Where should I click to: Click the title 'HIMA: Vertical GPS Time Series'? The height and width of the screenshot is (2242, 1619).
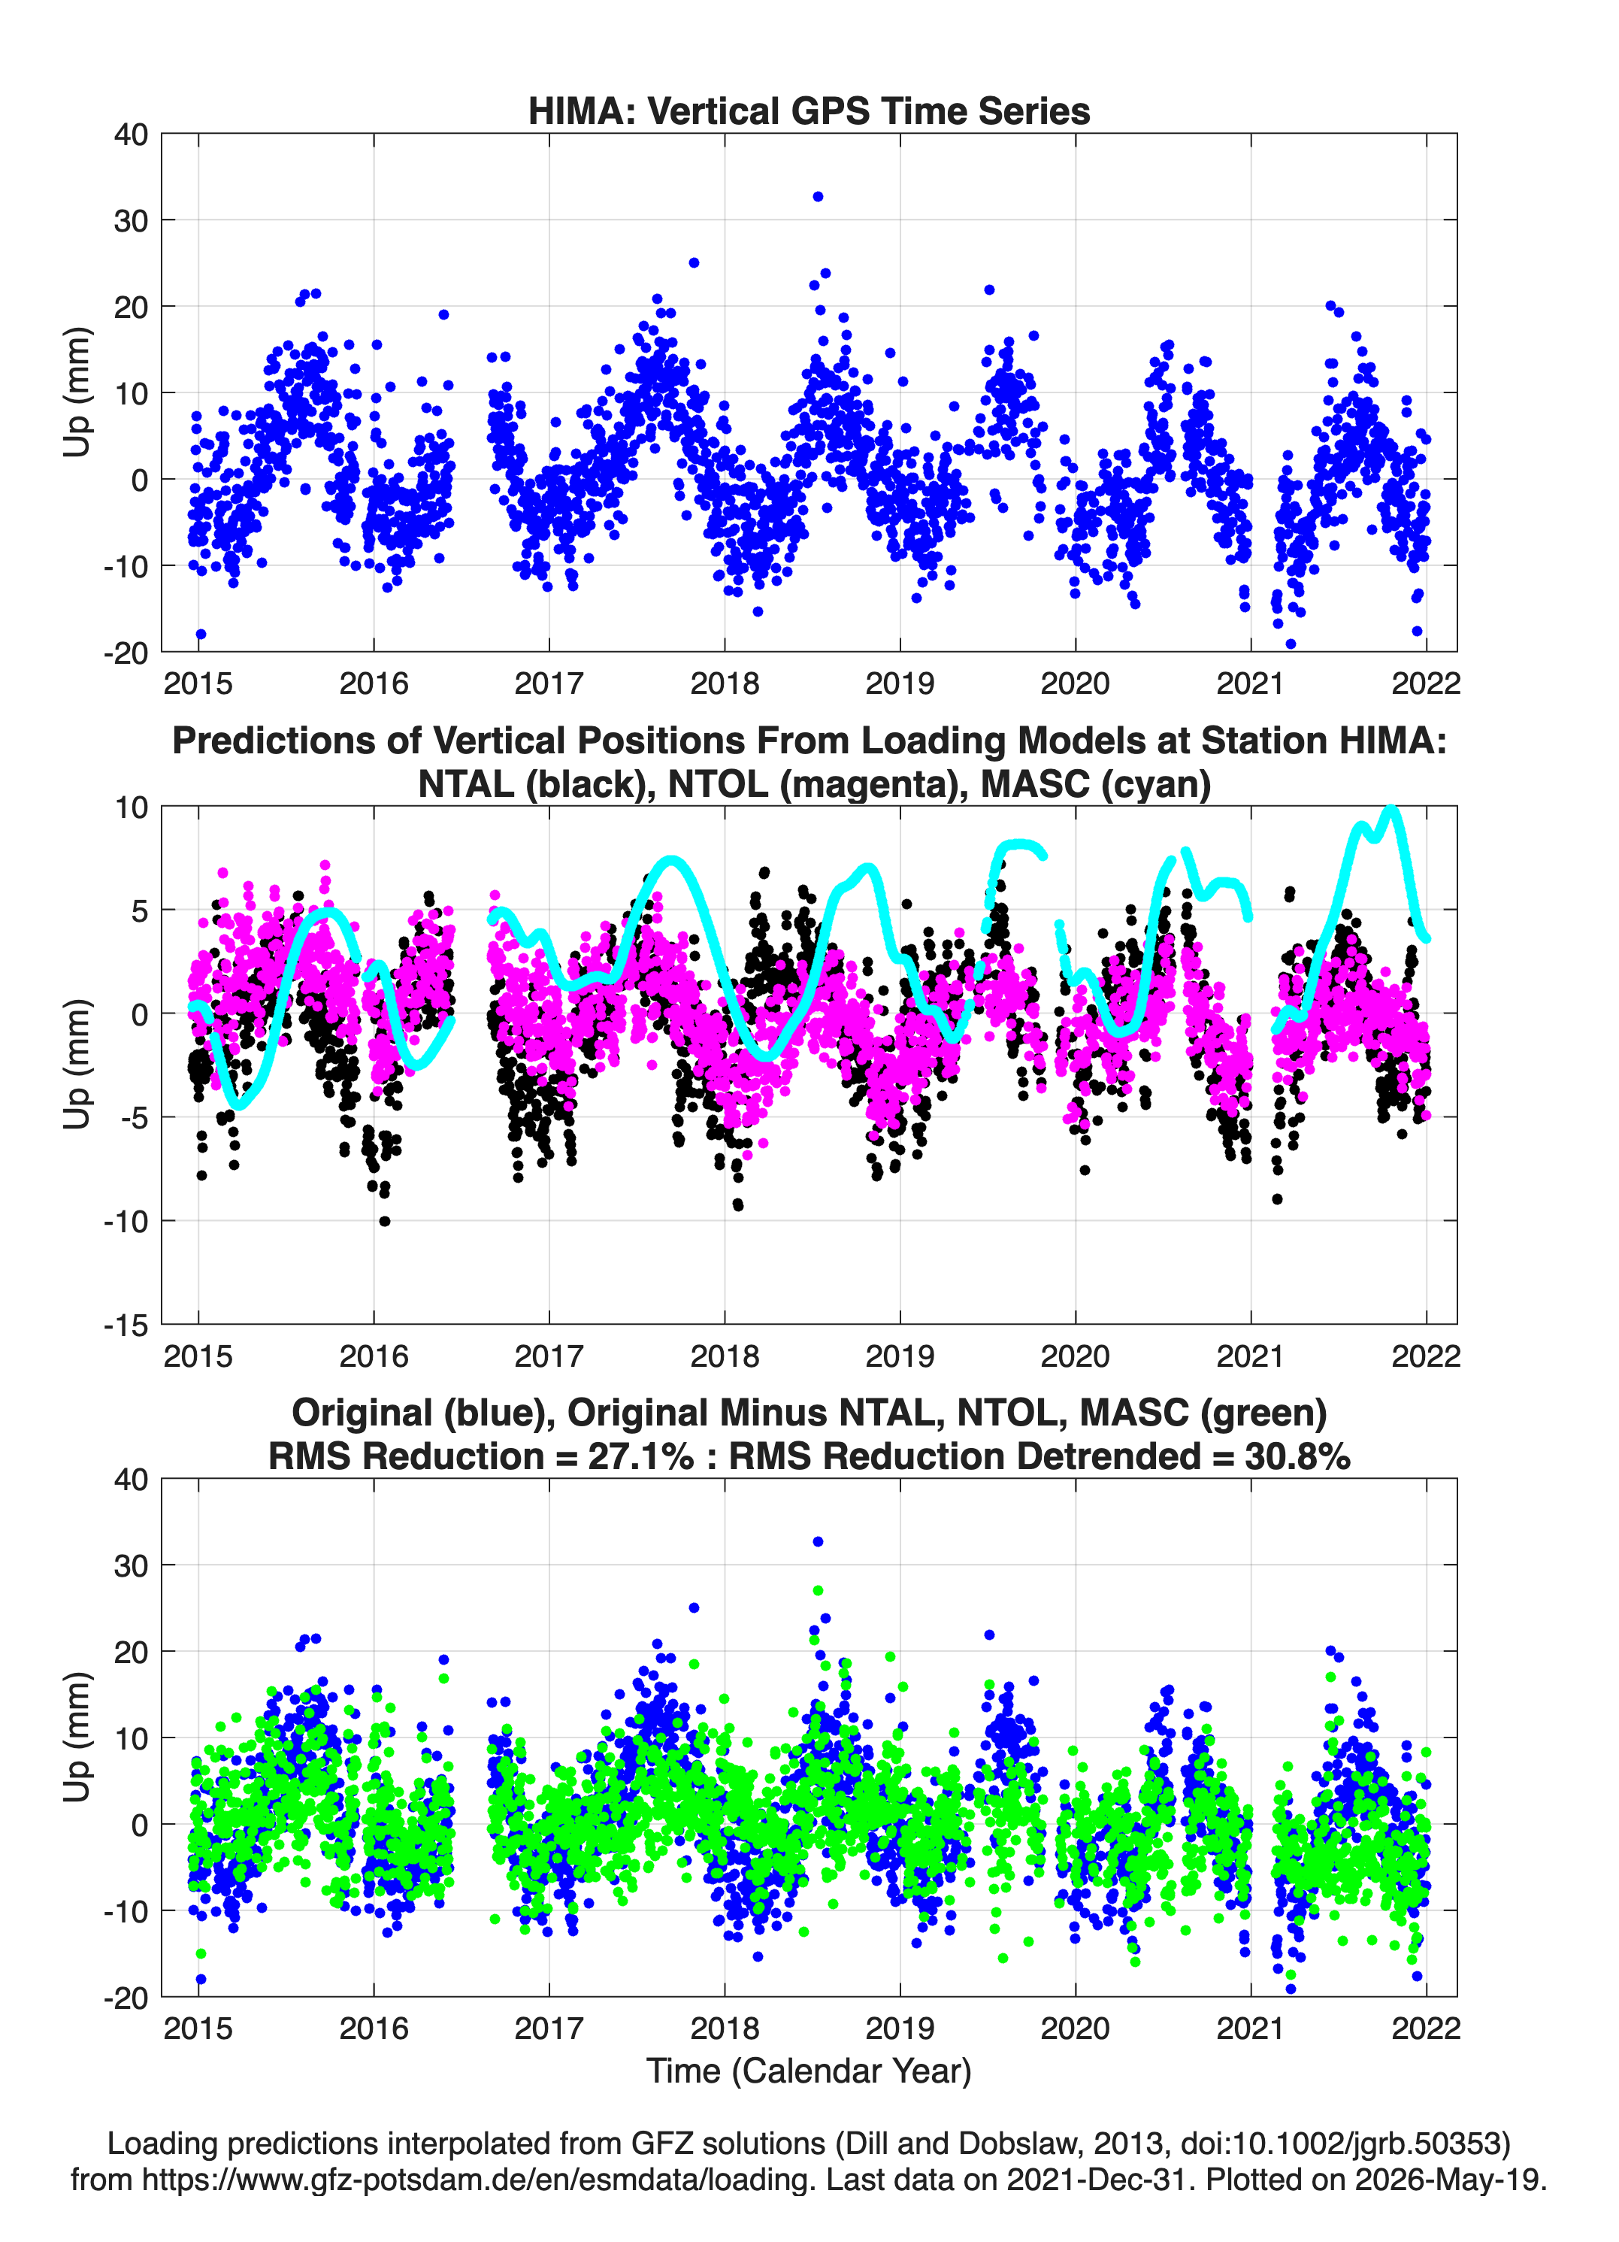click(x=809, y=111)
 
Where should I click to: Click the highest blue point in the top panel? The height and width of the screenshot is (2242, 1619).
click(x=818, y=197)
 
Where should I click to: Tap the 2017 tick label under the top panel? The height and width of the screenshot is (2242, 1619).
click(x=549, y=683)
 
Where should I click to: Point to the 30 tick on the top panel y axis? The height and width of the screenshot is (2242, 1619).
click(x=132, y=220)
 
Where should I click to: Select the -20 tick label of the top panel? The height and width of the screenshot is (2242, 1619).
click(x=126, y=653)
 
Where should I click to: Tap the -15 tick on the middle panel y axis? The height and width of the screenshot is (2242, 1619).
click(x=126, y=1325)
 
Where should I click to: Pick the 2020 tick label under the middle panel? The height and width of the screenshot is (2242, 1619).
click(x=1076, y=1356)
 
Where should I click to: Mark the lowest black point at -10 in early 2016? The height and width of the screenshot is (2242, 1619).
click(x=385, y=1221)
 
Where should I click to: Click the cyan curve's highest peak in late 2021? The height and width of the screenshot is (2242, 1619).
click(x=1392, y=810)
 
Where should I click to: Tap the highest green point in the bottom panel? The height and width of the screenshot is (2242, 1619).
click(x=819, y=1591)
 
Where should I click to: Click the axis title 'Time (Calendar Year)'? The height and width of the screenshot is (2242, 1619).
click(x=809, y=2070)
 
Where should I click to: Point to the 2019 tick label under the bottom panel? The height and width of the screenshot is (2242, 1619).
click(x=900, y=2028)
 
